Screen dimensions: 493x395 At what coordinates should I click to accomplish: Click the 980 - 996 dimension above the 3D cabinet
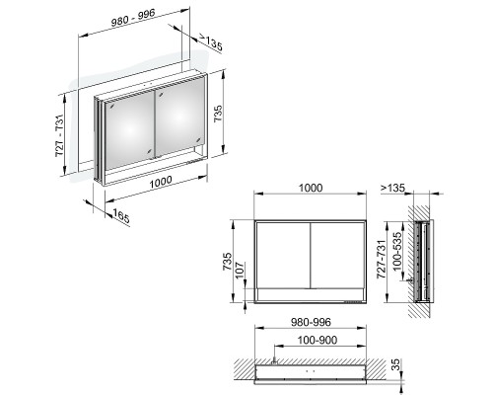coord(133,18)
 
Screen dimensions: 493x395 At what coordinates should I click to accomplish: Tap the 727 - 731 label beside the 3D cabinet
coord(60,135)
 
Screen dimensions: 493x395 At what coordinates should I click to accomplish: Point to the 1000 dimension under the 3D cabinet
coord(161,182)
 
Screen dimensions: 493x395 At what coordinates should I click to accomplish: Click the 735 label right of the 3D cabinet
coord(218,114)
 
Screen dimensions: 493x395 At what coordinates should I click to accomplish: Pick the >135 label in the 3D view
coord(210,42)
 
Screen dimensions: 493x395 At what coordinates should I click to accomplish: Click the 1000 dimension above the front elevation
coord(311,188)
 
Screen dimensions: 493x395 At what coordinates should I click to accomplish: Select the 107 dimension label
coord(241,270)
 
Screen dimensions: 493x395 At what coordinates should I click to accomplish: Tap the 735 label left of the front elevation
coord(228,262)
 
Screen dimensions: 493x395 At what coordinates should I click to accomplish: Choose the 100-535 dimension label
coord(397,251)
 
